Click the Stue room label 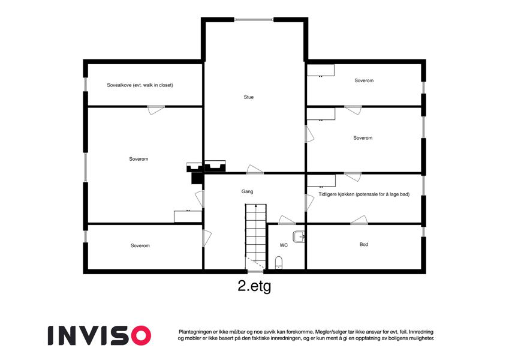pos(249,97)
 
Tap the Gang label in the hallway pos(248,191)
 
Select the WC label pos(284,245)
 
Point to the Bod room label pos(364,244)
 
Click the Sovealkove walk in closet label pos(140,85)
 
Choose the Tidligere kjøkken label pos(364,194)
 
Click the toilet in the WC pos(279,263)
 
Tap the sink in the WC pos(299,236)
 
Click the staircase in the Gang pos(255,236)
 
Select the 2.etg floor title pos(254,286)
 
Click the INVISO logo pos(100,335)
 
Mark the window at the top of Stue pos(254,20)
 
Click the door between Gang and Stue pos(255,170)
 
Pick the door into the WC pos(287,220)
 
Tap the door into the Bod pos(359,220)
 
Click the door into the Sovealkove pos(156,110)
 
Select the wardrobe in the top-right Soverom pos(321,70)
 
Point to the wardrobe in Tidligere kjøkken pos(321,181)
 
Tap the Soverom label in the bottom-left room pos(140,245)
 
